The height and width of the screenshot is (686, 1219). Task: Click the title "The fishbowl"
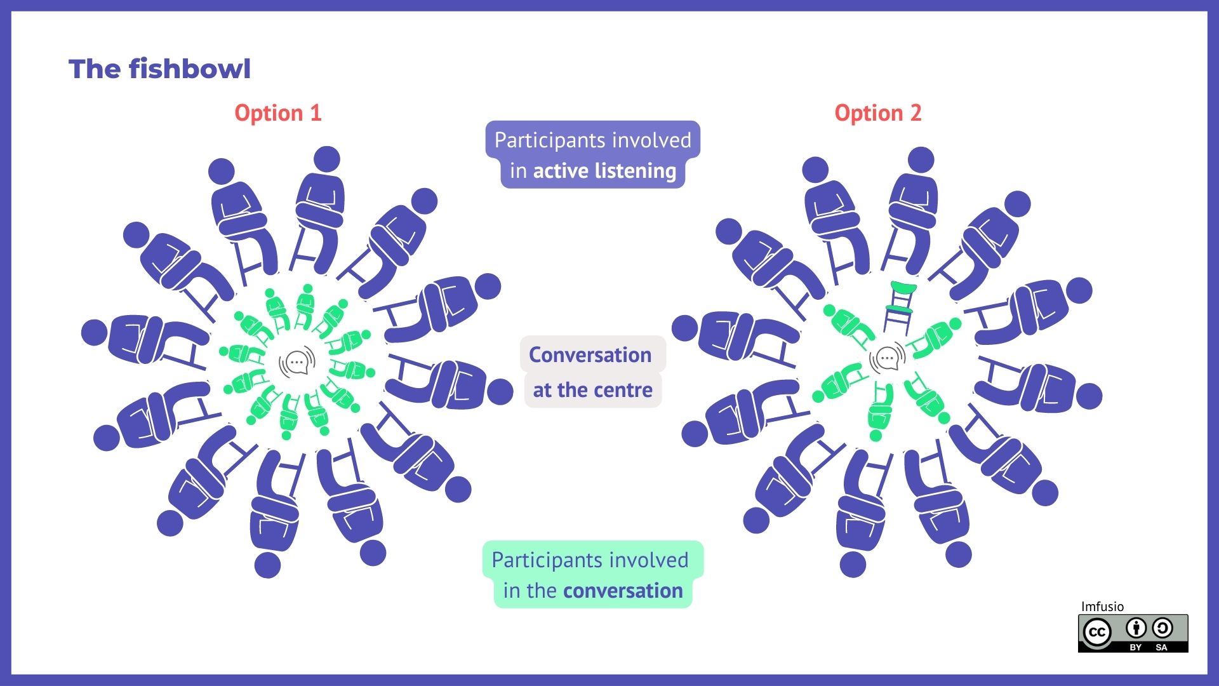[x=159, y=69]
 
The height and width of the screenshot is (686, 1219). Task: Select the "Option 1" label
[x=278, y=113]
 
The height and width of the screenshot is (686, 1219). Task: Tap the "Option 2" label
[x=878, y=113]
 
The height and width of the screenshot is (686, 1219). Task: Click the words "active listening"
[x=605, y=171]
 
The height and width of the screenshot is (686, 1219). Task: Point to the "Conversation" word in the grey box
[x=590, y=354]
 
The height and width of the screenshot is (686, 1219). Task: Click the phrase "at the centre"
[x=592, y=389]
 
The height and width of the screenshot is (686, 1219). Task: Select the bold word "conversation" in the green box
[x=623, y=591]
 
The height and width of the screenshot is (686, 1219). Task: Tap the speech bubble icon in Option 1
[x=297, y=363]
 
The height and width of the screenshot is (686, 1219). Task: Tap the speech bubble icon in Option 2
[x=888, y=359]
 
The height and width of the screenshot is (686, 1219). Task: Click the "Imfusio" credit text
[x=1102, y=607]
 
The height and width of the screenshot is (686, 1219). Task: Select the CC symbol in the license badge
[x=1096, y=633]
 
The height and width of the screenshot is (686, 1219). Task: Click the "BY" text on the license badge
[x=1136, y=647]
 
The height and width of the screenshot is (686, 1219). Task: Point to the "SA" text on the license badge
[x=1162, y=647]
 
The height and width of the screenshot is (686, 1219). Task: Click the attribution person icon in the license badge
[x=1136, y=628]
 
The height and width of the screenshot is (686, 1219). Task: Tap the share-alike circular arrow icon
[x=1162, y=628]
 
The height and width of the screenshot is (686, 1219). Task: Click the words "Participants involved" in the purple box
[x=593, y=140]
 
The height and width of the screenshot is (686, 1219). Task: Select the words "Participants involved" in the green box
[x=590, y=560]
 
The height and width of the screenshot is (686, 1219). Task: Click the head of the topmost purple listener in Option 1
[x=327, y=159]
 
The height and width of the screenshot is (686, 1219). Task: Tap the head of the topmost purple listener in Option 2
[x=921, y=160]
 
